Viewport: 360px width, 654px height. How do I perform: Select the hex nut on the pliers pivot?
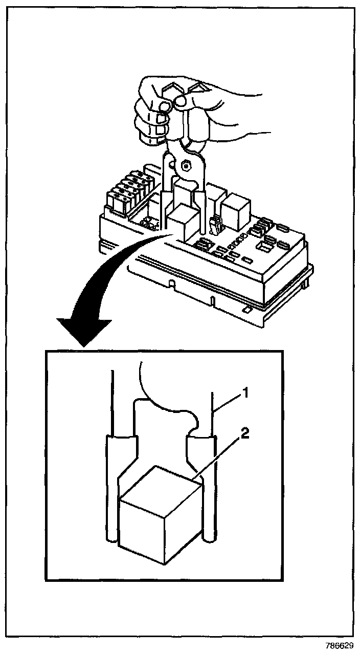click(x=186, y=165)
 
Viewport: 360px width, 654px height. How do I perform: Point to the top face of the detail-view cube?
click(x=159, y=487)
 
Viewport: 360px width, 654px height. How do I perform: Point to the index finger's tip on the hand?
click(x=163, y=105)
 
